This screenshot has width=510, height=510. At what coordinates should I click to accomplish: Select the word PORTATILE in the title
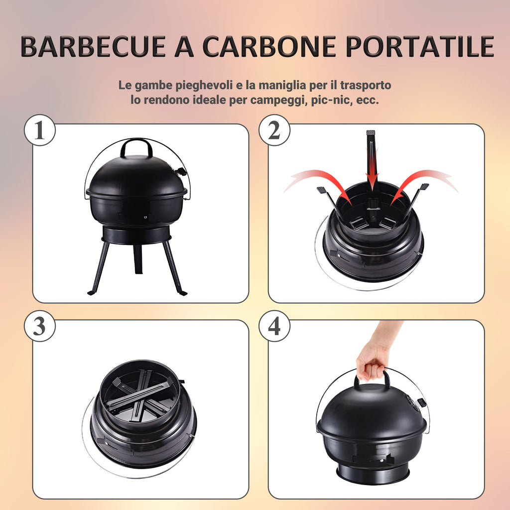[x=420, y=46]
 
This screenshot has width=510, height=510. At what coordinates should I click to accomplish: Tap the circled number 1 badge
[x=40, y=130]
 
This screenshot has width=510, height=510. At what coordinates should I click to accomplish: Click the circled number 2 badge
[x=274, y=130]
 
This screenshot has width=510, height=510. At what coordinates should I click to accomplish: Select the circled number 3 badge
[x=40, y=326]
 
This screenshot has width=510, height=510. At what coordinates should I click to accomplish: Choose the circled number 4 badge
[x=274, y=326]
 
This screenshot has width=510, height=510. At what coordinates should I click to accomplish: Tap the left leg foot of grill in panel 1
[x=93, y=292]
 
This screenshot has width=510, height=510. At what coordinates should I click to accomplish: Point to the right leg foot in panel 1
[x=182, y=293]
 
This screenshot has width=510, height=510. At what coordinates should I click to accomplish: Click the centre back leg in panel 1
[x=138, y=259]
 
